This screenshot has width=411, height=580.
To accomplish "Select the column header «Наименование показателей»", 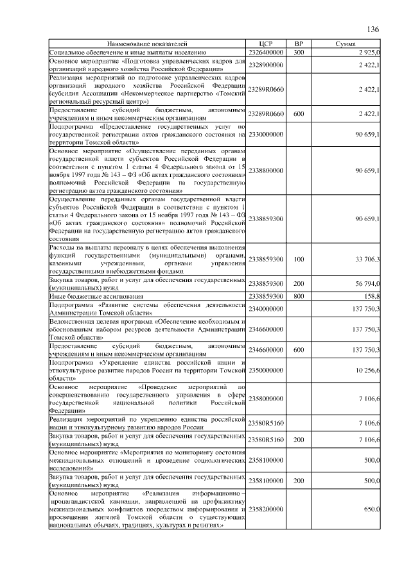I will click(148, 44).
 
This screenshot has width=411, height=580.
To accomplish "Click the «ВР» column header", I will click(299, 44).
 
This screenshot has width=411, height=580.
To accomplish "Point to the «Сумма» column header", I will click(350, 44).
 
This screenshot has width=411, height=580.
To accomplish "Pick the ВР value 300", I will click(299, 51).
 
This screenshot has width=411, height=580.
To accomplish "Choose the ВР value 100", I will click(299, 260).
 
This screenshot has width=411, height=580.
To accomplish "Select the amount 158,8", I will click(370, 297).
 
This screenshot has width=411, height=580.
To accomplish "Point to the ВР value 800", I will click(299, 297).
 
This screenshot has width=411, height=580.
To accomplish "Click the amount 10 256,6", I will click(365, 371).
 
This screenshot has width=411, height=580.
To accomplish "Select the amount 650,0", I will click(370, 509).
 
